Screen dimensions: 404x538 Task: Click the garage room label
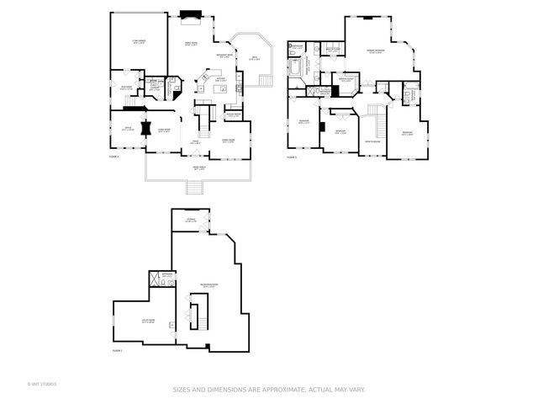(138, 42)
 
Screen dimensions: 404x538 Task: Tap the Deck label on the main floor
(254, 59)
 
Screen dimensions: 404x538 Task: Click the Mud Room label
(125, 88)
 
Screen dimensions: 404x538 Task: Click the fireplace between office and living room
(146, 129)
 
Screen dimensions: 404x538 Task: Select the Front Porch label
(198, 170)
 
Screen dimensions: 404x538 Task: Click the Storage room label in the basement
(192, 221)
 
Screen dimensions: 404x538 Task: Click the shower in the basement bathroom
(155, 280)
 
